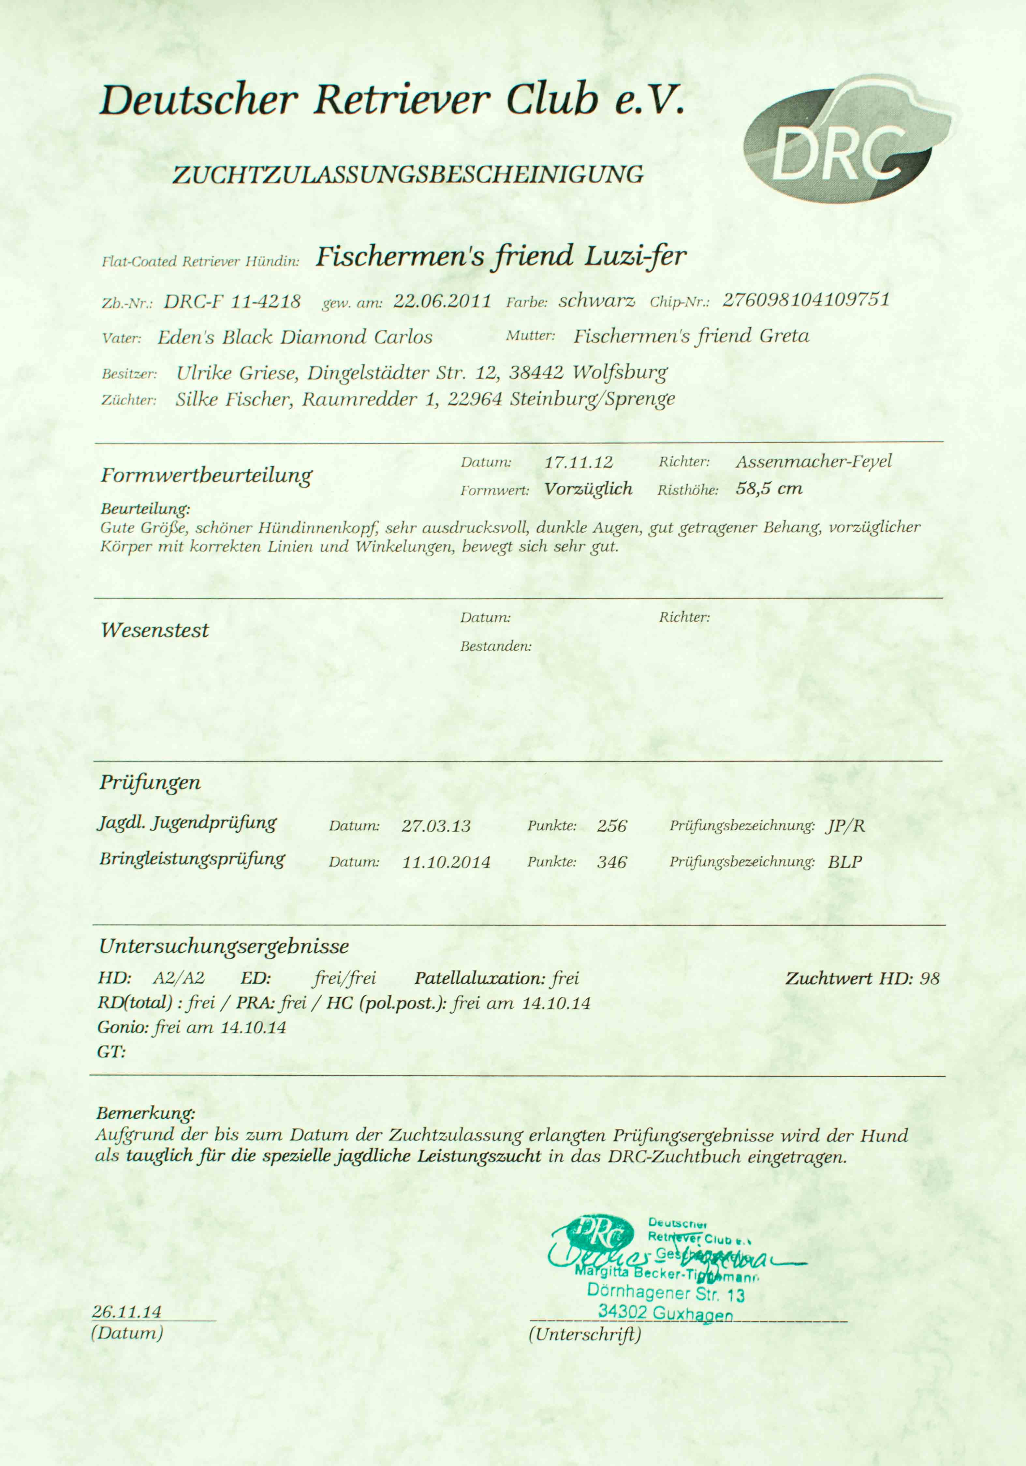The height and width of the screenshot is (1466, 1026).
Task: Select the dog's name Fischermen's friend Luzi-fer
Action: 501,257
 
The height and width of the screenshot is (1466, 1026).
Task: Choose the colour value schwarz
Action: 596,301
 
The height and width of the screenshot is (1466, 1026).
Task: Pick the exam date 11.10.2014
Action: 446,862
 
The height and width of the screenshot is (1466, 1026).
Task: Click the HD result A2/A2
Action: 179,978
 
